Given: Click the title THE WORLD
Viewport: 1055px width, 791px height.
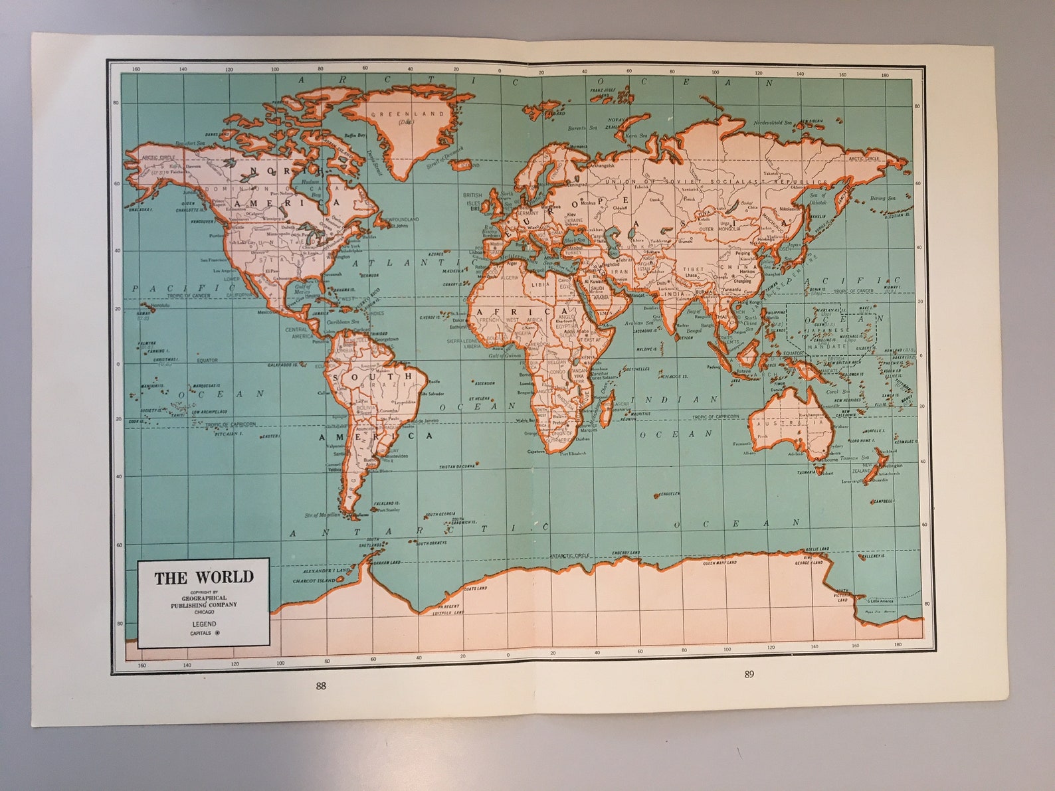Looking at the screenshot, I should point(204,578).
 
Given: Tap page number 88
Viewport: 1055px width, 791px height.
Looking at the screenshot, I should point(321,687).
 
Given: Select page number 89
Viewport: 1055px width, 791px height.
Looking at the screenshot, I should point(749,674).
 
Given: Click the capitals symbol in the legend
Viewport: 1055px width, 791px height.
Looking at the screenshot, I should point(217,633).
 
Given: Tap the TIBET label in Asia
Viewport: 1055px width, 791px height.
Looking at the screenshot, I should point(693,269).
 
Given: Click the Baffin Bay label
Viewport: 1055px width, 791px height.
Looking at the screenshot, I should point(353,135).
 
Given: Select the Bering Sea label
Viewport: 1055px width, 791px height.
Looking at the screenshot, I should point(882,198).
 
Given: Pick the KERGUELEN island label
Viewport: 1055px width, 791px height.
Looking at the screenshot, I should point(666,494).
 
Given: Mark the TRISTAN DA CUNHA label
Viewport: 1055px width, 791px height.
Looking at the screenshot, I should point(458,467).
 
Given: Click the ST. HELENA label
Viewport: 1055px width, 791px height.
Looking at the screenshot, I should point(479,398).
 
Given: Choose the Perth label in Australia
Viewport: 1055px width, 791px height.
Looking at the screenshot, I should point(762,436).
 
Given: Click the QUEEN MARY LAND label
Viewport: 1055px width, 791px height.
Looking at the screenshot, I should point(719,563).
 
